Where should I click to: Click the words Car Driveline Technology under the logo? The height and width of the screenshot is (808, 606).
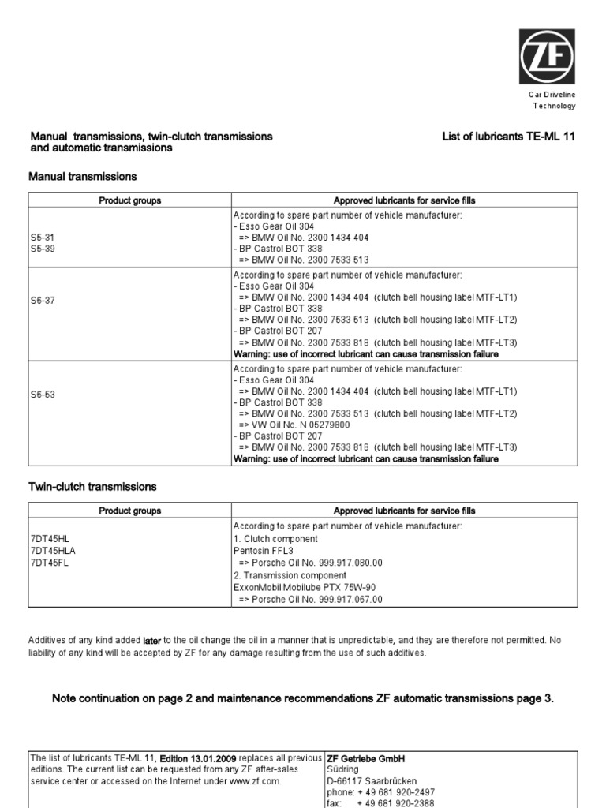click(552, 100)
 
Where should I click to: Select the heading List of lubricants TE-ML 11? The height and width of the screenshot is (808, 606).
click(509, 137)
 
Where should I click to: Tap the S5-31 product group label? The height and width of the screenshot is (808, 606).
click(43, 237)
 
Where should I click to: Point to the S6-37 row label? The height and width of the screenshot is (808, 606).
click(43, 301)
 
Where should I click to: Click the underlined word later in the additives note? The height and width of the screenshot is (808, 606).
click(151, 641)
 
